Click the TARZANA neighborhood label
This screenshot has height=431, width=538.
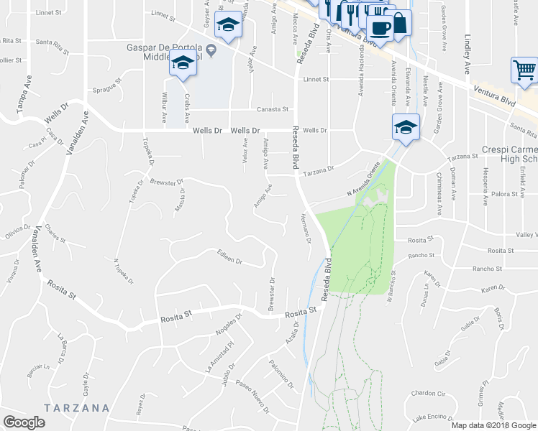(76, 408)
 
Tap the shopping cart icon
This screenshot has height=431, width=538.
(524, 70)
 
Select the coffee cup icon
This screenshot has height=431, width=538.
(380, 28)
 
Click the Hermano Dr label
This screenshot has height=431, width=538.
(305, 228)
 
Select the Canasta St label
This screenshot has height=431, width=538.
(273, 110)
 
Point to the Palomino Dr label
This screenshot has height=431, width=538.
(281, 374)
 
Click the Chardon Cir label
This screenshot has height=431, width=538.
(429, 394)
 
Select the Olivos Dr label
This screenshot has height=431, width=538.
(16, 233)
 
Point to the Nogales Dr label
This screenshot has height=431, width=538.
(228, 328)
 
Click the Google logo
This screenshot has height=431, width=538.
(24, 422)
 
